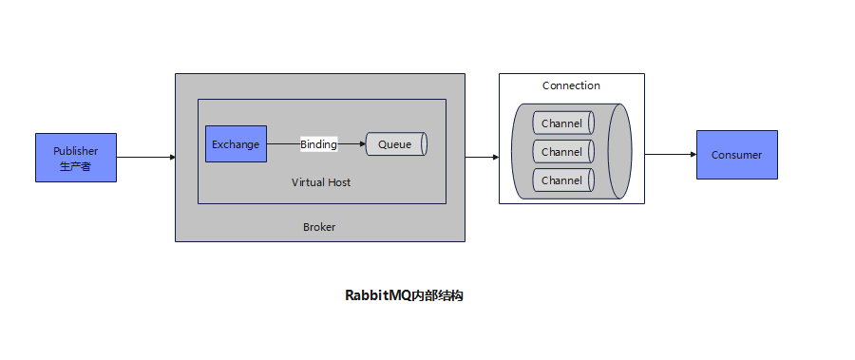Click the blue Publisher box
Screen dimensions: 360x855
coord(75,158)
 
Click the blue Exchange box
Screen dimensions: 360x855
coord(236,144)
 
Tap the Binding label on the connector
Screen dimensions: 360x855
coord(318,144)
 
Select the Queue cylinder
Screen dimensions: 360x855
coord(395,144)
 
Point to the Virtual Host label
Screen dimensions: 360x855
coord(321,181)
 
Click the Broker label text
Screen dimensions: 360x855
coord(319,227)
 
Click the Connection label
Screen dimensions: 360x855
coord(571,85)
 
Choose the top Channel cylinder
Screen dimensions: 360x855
coord(561,123)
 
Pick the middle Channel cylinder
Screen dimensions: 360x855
coord(561,152)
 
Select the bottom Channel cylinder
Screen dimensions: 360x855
coord(561,180)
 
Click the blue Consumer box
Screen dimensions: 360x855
coord(736,155)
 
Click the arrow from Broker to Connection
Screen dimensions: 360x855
coord(482,157)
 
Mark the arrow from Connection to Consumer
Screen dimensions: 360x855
coord(670,154)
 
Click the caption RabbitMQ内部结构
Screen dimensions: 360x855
coord(404,295)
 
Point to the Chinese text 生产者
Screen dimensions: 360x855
coord(75,166)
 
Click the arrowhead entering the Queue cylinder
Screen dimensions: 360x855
coord(362,144)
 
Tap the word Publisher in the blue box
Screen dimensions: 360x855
coord(75,151)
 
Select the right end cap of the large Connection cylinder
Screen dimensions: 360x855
coord(620,152)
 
